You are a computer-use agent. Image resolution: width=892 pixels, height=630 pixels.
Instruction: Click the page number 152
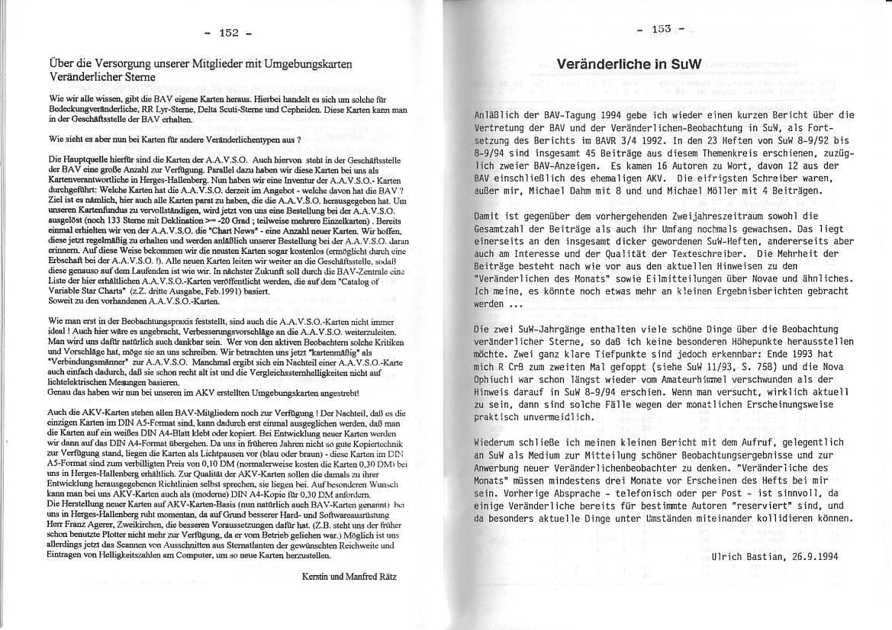pos(229,33)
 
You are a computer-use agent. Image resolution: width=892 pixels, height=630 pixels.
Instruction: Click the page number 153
pos(661,29)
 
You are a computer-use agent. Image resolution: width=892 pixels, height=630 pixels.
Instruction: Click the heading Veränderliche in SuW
pos(624,64)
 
